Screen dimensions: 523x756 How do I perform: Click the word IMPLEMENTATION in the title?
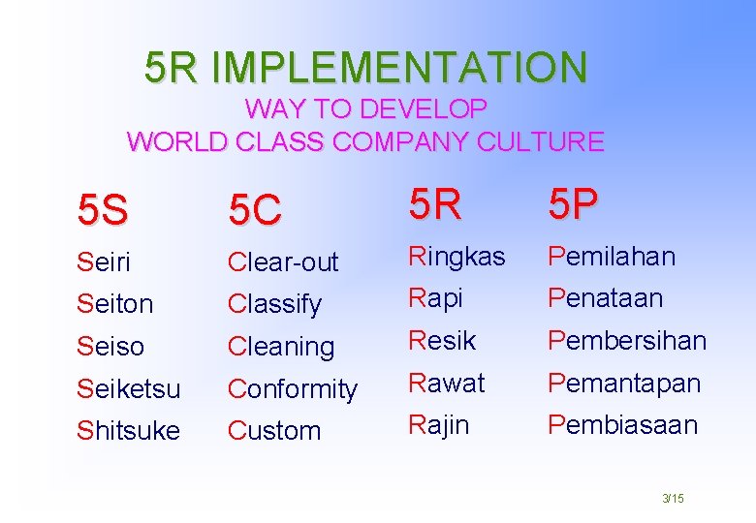[x=398, y=67]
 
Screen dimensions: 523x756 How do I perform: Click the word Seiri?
[x=103, y=261]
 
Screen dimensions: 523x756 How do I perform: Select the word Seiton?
[x=114, y=304]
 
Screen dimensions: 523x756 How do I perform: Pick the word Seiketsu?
[x=128, y=388]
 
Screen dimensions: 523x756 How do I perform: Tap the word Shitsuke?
[x=128, y=431]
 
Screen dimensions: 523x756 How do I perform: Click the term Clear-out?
[x=282, y=261]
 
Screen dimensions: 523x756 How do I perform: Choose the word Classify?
[x=274, y=304]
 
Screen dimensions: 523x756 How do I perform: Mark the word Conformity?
[x=293, y=389]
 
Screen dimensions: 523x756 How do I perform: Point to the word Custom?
[x=274, y=431]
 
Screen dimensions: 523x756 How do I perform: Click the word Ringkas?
[x=457, y=257]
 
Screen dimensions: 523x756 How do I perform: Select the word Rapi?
[x=435, y=298]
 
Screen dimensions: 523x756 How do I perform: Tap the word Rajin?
[x=438, y=424]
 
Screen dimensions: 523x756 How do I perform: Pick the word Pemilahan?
[x=612, y=257]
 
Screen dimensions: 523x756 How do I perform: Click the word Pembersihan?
[x=627, y=341]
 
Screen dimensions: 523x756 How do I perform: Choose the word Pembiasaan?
[x=622, y=424]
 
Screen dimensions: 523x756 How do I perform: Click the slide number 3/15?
[x=673, y=498]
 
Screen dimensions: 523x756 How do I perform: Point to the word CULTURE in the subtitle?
[x=540, y=142]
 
